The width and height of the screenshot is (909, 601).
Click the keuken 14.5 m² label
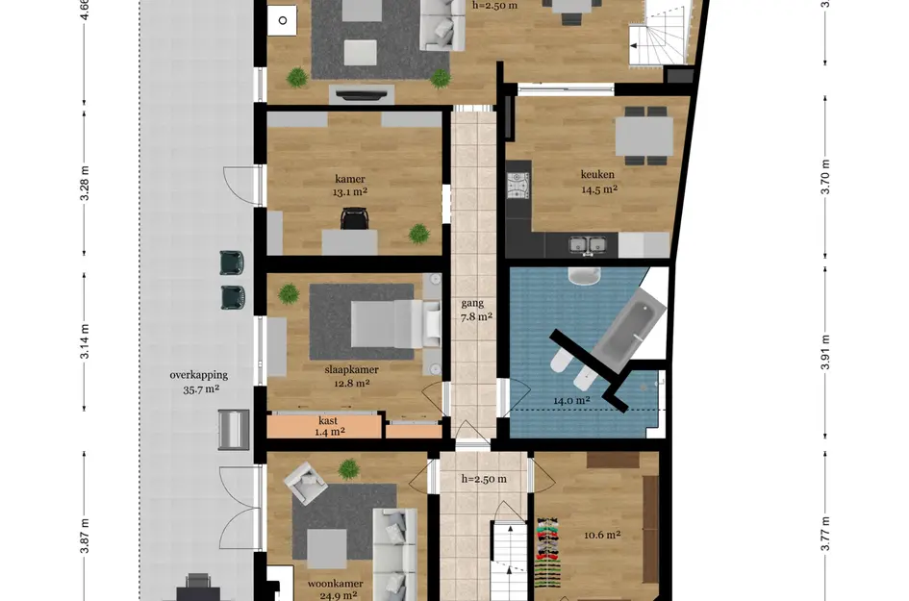pyautogui.click(x=597, y=182)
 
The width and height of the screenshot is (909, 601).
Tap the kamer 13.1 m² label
pyautogui.click(x=351, y=185)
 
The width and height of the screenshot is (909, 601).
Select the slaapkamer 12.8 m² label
pyautogui.click(x=351, y=375)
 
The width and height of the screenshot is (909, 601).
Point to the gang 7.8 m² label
pyautogui.click(x=472, y=309)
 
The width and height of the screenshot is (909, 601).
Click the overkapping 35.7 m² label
pyautogui.click(x=194, y=382)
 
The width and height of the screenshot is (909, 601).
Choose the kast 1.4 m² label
pyautogui.click(x=329, y=426)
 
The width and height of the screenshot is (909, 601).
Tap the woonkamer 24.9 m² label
pyautogui.click(x=334, y=588)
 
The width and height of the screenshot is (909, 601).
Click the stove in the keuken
pyautogui.click(x=519, y=184)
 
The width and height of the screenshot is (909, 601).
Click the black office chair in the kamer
pyautogui.click(x=354, y=221)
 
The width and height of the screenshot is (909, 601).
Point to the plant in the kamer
pyautogui.click(x=418, y=232)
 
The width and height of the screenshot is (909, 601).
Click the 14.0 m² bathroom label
pyautogui.click(x=570, y=401)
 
